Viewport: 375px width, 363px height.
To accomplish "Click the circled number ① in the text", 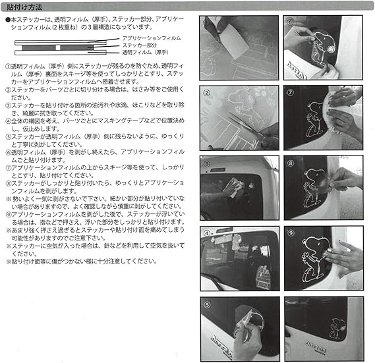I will coord(7,67).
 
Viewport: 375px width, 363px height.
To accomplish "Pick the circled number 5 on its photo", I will coord(206,304).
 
